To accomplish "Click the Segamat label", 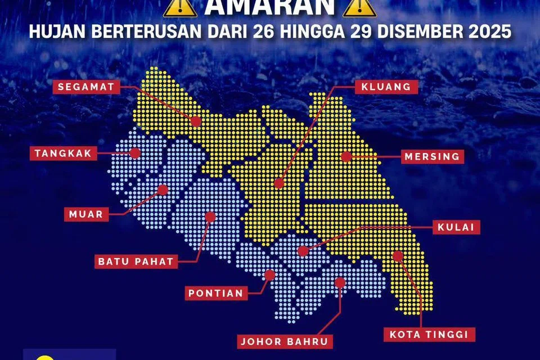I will click(x=87, y=87).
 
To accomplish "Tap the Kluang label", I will click(x=387, y=87).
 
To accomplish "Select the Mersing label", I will click(x=432, y=156).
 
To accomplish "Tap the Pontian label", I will click(x=216, y=292).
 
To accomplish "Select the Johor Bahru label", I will click(x=285, y=341).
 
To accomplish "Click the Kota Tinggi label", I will click(x=429, y=334).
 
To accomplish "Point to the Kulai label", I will click(x=456, y=227).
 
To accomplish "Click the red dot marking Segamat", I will click(x=195, y=121).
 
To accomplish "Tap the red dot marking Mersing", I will click(x=346, y=156).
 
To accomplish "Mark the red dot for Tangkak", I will click(x=134, y=152).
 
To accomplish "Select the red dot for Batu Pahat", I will click(x=210, y=215).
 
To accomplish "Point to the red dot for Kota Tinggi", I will click(x=398, y=256).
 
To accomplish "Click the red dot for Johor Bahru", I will click(x=340, y=282).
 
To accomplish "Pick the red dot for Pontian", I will click(x=270, y=275).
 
